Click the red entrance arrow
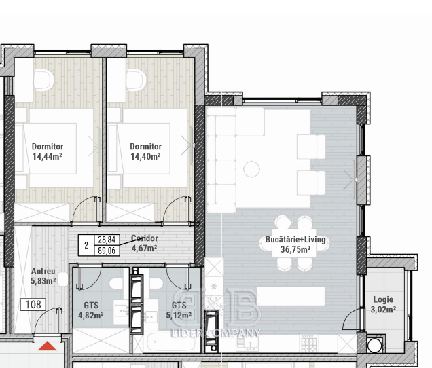47,346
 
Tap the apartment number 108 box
33,305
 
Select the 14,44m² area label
47,157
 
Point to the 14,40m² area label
145,157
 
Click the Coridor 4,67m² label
145,243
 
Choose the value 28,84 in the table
107,240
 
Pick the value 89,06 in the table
107,251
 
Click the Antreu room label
43,276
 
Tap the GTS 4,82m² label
91,310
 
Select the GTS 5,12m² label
179,310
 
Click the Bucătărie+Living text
295,240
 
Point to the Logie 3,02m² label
383,304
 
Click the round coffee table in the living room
251,169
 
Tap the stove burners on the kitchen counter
308,344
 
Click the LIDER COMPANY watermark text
215,333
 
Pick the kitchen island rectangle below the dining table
291,296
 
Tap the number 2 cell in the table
86,245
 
